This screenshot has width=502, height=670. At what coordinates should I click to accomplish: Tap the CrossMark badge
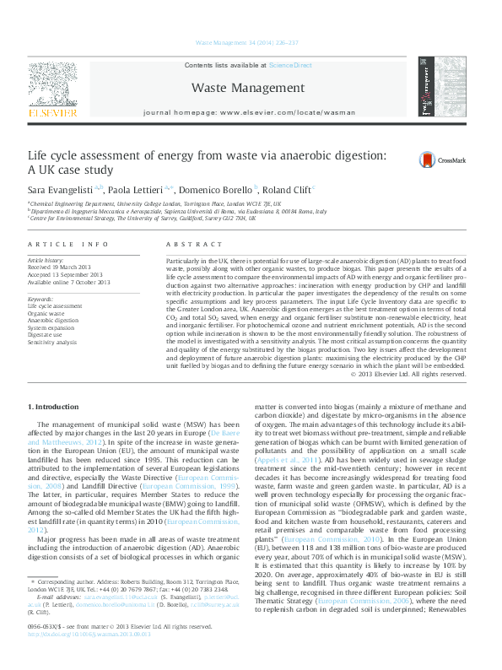click(411, 159)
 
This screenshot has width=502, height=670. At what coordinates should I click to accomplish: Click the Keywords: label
click(41, 299)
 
